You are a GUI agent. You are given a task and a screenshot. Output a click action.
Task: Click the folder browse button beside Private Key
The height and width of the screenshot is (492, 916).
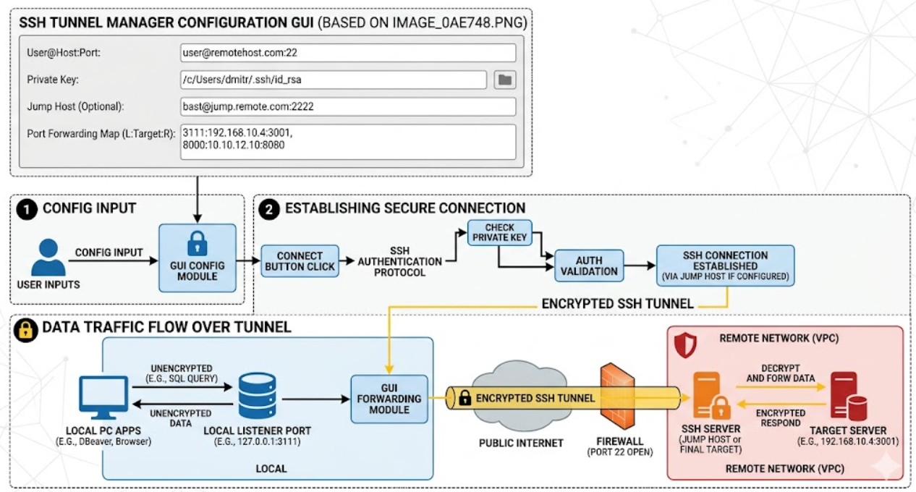504,80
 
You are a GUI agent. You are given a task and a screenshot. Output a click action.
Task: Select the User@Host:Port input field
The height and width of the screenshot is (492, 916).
348,53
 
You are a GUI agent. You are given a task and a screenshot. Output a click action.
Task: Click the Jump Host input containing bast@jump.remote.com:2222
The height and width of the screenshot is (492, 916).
348,107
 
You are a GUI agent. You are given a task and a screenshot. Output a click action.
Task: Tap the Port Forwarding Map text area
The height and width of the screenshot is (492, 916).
348,142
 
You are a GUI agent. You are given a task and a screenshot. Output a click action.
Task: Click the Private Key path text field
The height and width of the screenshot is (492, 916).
334,80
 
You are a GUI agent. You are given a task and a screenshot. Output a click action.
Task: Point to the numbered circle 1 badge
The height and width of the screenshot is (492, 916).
27,209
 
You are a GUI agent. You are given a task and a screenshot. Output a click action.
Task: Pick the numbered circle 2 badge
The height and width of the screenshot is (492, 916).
269,209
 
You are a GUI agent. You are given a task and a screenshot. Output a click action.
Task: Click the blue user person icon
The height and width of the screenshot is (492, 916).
48,258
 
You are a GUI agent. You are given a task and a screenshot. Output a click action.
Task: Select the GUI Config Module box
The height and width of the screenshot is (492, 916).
198,258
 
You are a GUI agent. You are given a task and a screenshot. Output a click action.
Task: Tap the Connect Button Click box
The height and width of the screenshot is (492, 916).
300,261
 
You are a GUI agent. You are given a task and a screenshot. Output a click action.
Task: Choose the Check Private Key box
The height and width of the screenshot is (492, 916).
500,233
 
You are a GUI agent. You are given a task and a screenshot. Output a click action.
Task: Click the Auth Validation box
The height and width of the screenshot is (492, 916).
589,266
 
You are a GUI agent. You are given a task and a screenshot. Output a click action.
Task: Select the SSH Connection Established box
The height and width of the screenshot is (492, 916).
726,266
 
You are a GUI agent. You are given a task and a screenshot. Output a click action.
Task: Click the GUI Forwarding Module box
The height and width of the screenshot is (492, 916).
389,399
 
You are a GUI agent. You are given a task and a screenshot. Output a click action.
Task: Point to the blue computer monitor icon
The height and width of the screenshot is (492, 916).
103,397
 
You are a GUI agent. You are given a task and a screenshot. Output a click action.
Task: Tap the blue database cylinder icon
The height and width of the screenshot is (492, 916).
257,396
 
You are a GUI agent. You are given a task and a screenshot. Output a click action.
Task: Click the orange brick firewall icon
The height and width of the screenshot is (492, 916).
618,396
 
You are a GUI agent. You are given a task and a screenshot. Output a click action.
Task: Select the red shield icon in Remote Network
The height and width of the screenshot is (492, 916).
685,345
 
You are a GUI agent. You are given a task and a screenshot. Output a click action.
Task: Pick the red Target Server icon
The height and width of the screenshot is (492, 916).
849,396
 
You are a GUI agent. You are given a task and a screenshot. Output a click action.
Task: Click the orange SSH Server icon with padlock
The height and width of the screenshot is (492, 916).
711,396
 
